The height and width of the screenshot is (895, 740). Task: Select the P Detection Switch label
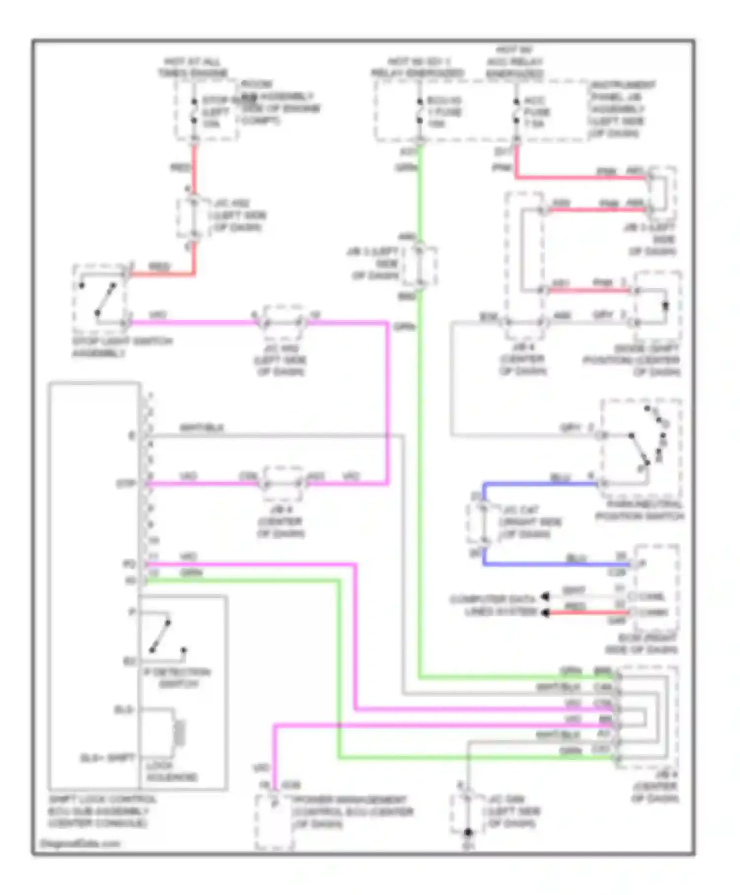point(181,678)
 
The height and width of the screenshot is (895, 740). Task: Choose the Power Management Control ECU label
point(352,812)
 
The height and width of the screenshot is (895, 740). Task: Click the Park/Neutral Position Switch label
point(639,510)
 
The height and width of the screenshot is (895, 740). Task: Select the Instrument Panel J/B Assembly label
point(623,109)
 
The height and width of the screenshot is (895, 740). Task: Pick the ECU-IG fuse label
point(444,112)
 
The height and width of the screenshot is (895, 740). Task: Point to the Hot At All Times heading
point(192,68)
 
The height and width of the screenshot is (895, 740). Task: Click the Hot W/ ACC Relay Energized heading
point(514,62)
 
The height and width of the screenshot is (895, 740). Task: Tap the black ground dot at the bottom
point(468,832)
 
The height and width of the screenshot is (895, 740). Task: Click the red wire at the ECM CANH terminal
point(587,613)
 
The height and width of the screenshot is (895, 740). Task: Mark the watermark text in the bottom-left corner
point(79,844)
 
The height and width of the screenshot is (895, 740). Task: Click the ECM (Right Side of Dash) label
point(641,644)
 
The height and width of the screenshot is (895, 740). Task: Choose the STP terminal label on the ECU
point(126,484)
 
